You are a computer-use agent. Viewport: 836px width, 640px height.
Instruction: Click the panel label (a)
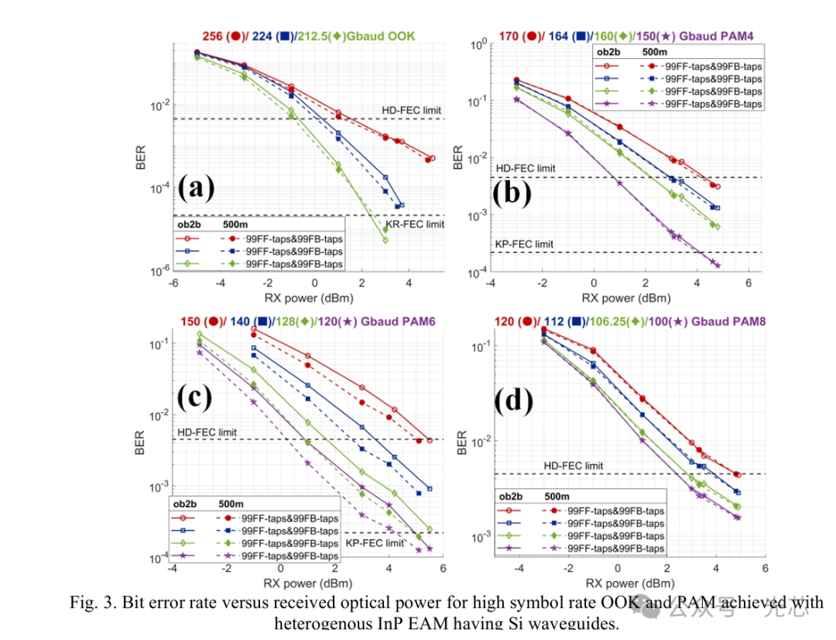195,188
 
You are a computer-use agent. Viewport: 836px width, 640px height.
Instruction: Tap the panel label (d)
514,401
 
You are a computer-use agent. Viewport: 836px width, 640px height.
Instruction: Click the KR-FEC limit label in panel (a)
415,225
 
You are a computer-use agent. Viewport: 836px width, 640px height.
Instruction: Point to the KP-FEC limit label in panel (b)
524,244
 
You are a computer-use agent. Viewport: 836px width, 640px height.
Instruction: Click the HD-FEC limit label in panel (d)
574,466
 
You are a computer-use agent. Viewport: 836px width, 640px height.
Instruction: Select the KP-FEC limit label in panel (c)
375,543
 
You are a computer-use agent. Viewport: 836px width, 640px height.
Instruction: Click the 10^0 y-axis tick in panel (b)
478,44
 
